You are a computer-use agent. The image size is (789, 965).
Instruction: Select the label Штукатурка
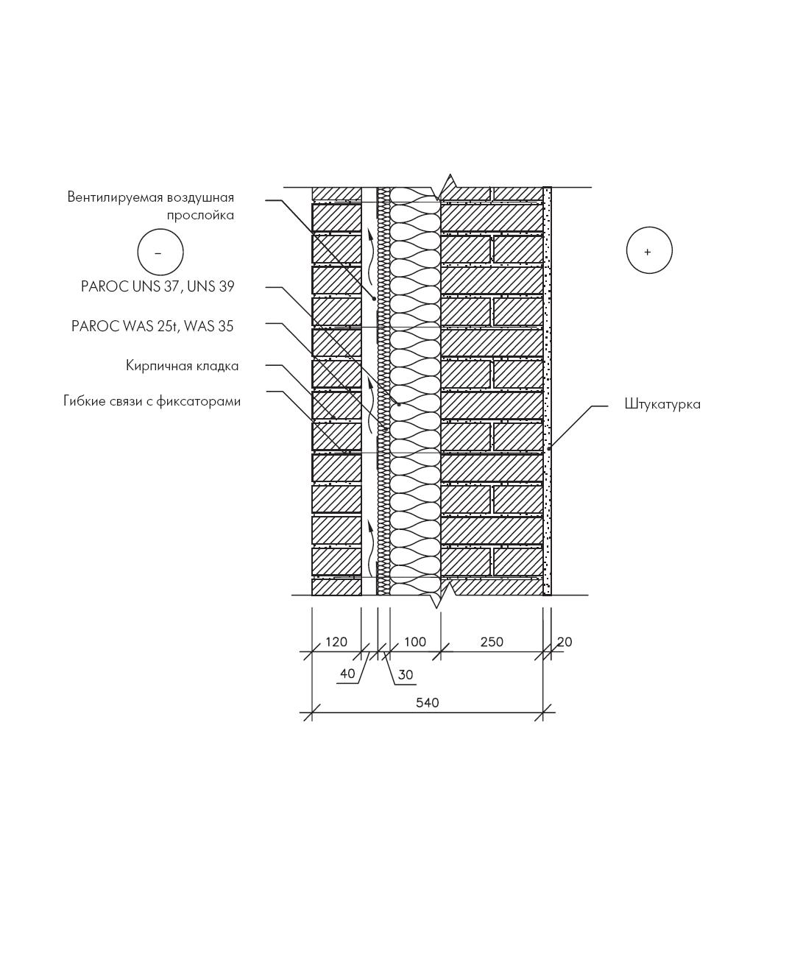click(x=662, y=405)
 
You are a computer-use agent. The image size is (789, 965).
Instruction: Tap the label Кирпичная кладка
click(x=182, y=366)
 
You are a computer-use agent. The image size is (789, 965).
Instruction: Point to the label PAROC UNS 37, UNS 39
click(x=158, y=286)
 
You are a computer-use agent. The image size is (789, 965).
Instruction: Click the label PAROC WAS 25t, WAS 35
click(x=152, y=326)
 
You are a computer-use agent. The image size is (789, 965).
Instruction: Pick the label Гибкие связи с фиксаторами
click(x=152, y=402)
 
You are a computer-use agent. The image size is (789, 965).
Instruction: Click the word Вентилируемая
click(x=115, y=198)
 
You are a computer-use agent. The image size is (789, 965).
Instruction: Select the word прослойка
click(x=200, y=216)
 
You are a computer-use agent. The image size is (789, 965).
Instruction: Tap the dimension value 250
click(x=492, y=642)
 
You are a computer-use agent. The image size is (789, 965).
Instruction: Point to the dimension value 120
click(x=336, y=642)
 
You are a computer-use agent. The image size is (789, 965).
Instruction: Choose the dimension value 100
click(x=415, y=642)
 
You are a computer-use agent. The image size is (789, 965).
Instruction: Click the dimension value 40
click(x=347, y=674)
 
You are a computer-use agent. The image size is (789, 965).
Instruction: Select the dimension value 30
click(x=406, y=675)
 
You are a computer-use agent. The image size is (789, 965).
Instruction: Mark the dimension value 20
click(x=565, y=642)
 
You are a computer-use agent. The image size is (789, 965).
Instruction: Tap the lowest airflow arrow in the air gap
click(x=369, y=550)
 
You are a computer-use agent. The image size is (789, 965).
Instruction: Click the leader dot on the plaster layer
click(x=549, y=449)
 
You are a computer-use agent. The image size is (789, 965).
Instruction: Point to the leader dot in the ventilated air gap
click(x=375, y=298)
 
